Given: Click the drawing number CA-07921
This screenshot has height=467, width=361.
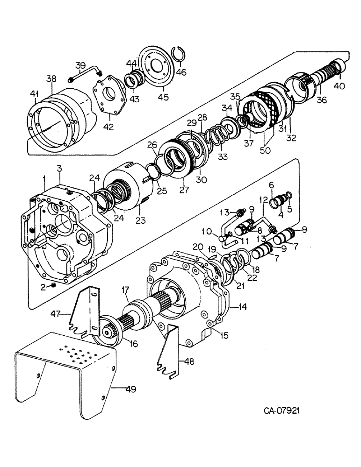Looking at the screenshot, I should (x=281, y=411).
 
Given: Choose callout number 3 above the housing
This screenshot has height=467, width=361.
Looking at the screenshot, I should (x=60, y=168).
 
